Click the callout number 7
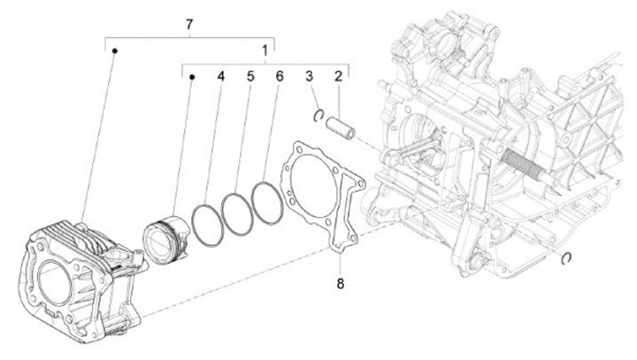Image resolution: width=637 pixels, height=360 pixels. coord(188,25)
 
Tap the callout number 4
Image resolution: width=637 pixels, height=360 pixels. coord(221,77)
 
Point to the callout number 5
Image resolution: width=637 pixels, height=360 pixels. coord(250,77)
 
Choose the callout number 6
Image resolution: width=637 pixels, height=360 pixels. coord(279,77)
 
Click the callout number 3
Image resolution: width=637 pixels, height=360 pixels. coord(311,77)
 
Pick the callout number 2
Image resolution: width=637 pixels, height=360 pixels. coord(338,77)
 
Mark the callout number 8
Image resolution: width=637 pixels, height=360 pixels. coord(339,284)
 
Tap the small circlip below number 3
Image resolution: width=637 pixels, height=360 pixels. coord(319,114)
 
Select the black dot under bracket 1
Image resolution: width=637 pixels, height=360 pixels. coord(192,77)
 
